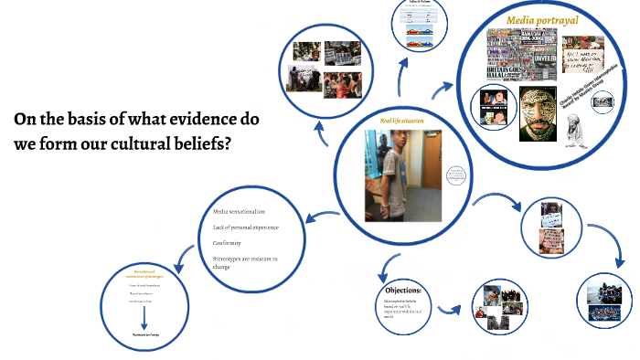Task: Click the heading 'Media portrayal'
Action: click(542, 19)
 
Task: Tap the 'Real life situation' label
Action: click(402, 121)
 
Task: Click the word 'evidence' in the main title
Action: click(197, 120)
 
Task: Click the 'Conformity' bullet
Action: click(228, 243)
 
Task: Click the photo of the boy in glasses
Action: click(403, 169)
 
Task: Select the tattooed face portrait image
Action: click(538, 112)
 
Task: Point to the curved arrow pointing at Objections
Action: click(383, 266)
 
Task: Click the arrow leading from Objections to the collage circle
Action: click(449, 308)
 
